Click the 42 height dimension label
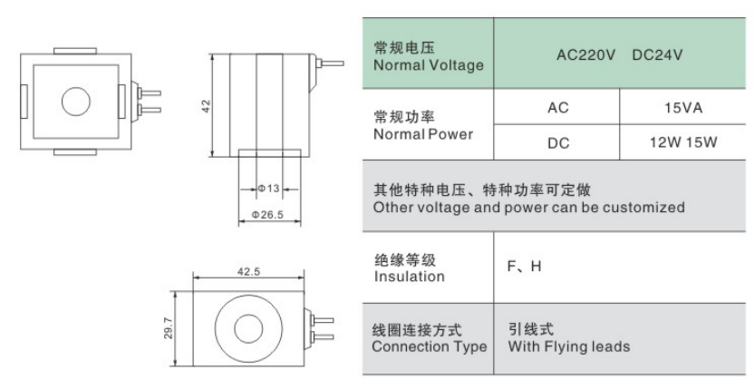[207, 106]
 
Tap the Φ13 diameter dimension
[268, 189]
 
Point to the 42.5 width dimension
[248, 272]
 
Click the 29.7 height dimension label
[168, 328]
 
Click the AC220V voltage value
[586, 55]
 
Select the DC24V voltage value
[657, 55]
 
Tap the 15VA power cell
[683, 107]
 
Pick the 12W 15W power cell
[683, 142]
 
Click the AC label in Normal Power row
[558, 107]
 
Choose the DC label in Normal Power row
[558, 143]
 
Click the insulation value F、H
[525, 266]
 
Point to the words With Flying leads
[568, 346]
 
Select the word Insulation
[410, 277]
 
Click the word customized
[644, 207]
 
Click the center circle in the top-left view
[76, 102]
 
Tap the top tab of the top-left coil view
[75, 51]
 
